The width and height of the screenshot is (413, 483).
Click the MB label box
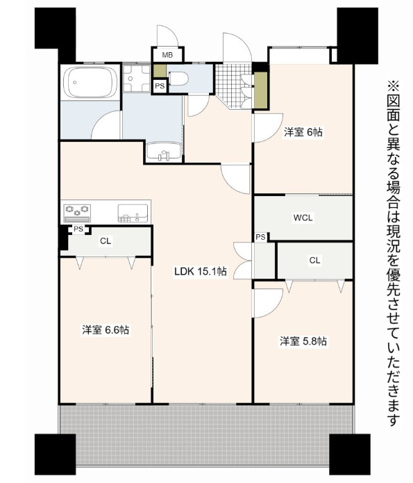(167, 54)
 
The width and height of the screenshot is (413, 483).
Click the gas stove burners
(78, 210)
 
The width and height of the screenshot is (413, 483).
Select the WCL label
(303, 218)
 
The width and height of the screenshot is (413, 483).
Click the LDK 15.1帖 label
(200, 272)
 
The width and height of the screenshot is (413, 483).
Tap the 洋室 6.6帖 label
(105, 330)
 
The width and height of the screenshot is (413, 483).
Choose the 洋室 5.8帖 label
(303, 341)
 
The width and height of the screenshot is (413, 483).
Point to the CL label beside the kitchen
(105, 241)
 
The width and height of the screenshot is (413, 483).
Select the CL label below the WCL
(314, 260)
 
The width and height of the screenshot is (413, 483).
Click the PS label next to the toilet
(160, 86)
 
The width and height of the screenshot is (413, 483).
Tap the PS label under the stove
(78, 229)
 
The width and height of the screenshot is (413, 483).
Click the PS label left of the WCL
(260, 237)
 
